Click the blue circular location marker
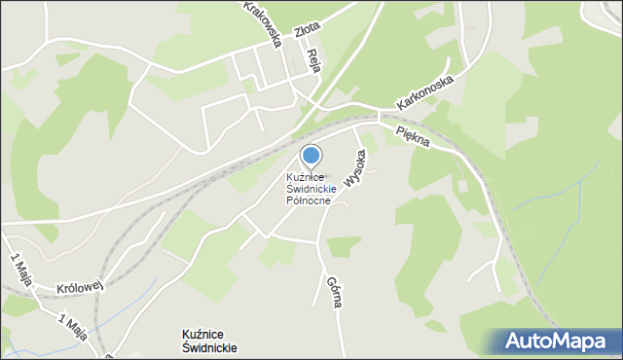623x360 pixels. tap(311, 155)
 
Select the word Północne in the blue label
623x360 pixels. tap(309, 200)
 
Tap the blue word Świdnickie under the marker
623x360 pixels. tap(311, 189)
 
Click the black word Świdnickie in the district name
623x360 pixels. tap(208, 347)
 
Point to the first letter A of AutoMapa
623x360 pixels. tap(513, 342)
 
